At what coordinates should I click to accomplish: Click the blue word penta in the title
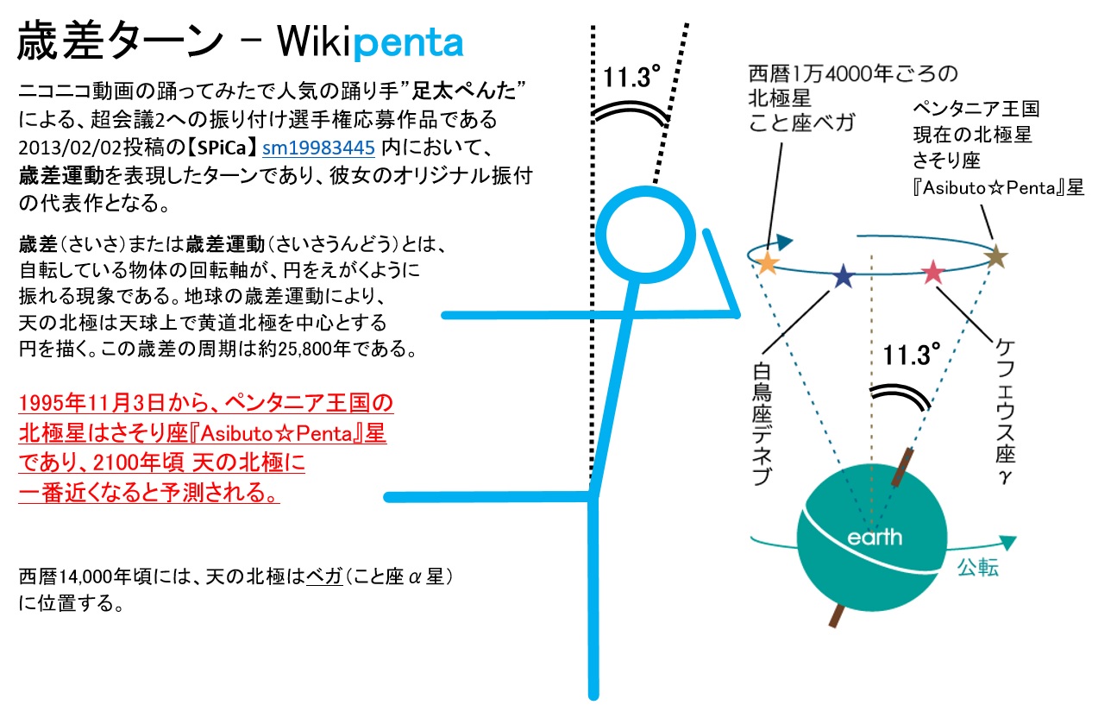[410, 41]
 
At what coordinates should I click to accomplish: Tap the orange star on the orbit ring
[769, 264]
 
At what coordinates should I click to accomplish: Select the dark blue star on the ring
[843, 277]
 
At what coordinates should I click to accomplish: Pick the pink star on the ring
[933, 273]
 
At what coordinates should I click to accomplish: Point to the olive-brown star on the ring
[996, 256]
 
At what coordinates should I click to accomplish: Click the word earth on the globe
[875, 538]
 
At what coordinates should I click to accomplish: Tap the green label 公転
[978, 568]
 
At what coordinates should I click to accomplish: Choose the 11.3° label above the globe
[911, 355]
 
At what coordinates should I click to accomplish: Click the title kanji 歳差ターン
[116, 41]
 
